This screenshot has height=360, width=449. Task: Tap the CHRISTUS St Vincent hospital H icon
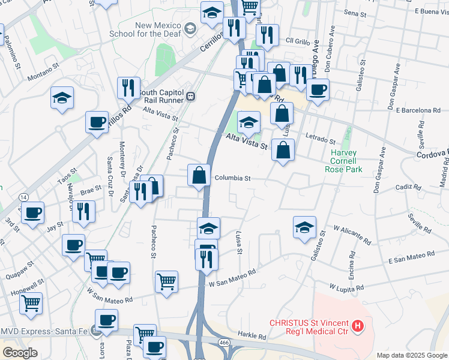pos(358,326)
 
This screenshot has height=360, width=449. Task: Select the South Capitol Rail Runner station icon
pos(190,96)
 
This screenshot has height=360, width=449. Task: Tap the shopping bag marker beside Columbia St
pos(199,175)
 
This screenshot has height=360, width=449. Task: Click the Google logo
pos(20,353)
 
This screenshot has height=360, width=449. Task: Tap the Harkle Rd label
pos(251,336)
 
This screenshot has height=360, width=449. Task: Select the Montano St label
pos(43,72)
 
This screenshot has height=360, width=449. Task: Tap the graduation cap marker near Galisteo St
pos(304,227)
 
